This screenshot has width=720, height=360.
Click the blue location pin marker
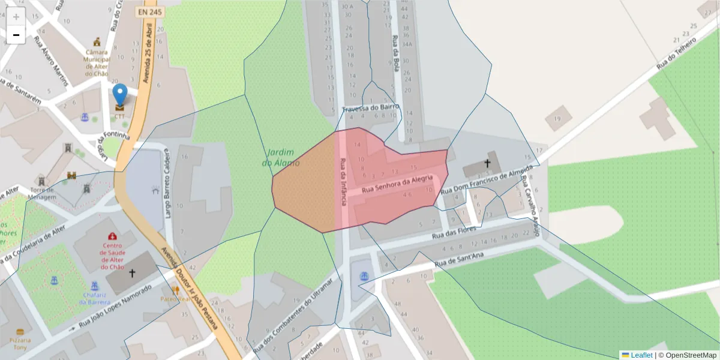120,95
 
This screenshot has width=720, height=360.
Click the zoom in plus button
16,17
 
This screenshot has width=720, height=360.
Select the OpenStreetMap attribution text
687,355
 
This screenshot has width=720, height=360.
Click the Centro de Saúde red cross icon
112,236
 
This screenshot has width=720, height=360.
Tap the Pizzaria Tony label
21,343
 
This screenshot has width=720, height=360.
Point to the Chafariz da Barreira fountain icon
94,286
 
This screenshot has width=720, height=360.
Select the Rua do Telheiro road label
676,52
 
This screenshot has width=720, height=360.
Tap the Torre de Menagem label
42,193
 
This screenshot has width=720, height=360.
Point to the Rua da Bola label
395,53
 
